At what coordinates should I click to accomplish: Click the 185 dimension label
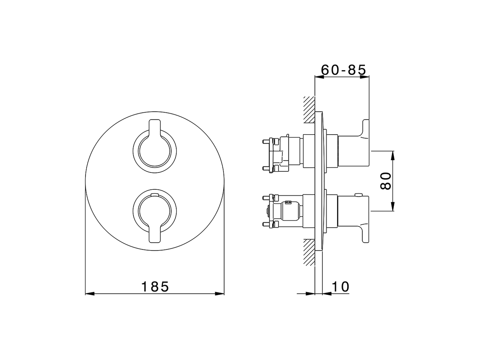click(155, 286)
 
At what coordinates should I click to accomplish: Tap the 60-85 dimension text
click(343, 70)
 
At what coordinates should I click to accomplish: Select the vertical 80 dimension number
click(385, 181)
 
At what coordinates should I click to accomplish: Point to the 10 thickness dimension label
click(340, 286)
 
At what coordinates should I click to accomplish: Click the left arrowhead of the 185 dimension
click(90, 294)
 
